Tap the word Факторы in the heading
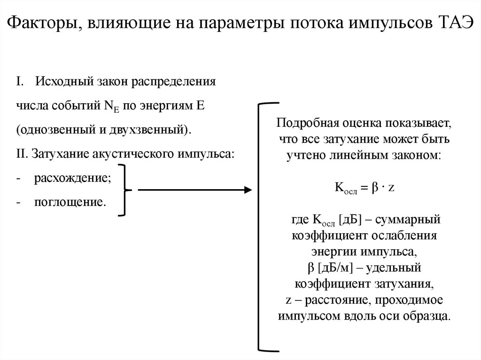click(42, 23)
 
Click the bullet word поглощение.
click(69, 203)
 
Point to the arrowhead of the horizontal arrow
click(247, 190)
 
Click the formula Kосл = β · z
click(364, 187)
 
